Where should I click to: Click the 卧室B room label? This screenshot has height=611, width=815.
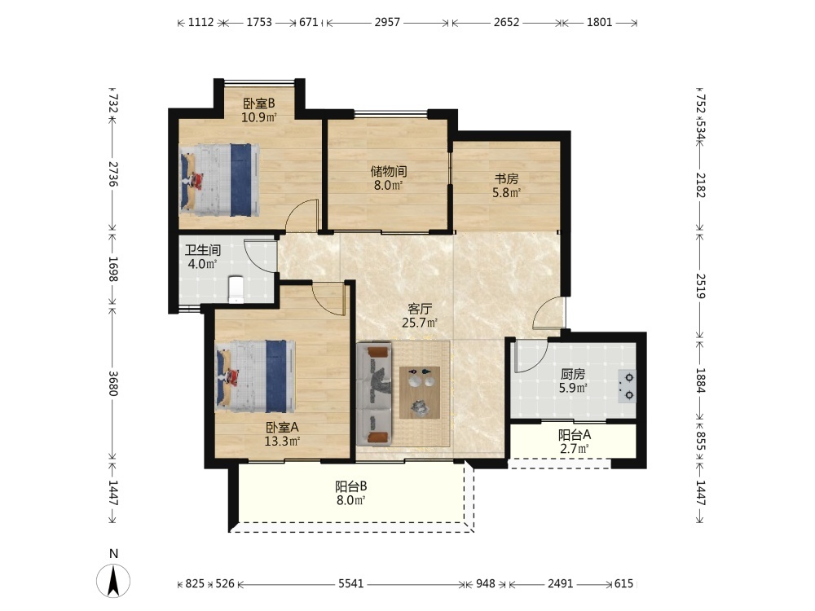click(259, 103)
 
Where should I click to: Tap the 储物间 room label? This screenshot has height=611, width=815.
click(388, 171)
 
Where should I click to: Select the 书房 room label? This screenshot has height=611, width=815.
click(506, 178)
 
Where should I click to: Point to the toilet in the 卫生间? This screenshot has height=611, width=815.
click(236, 289)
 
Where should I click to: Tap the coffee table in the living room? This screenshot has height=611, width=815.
click(420, 393)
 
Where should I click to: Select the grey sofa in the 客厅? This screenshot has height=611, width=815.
click(374, 393)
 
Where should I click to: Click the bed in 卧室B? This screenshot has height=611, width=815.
click(219, 179)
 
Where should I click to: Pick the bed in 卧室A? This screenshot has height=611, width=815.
click(255, 376)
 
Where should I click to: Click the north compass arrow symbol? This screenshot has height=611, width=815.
click(113, 580)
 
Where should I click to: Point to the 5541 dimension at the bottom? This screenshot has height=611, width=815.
click(350, 584)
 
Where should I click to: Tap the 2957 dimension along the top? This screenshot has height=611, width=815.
click(388, 22)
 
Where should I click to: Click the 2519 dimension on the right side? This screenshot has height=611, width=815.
click(701, 286)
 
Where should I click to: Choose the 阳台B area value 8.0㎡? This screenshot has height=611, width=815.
click(350, 500)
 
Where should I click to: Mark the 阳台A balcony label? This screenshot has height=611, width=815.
click(575, 435)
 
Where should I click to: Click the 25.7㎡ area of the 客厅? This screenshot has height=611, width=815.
click(420, 323)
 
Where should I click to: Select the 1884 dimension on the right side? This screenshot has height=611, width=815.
click(701, 380)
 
